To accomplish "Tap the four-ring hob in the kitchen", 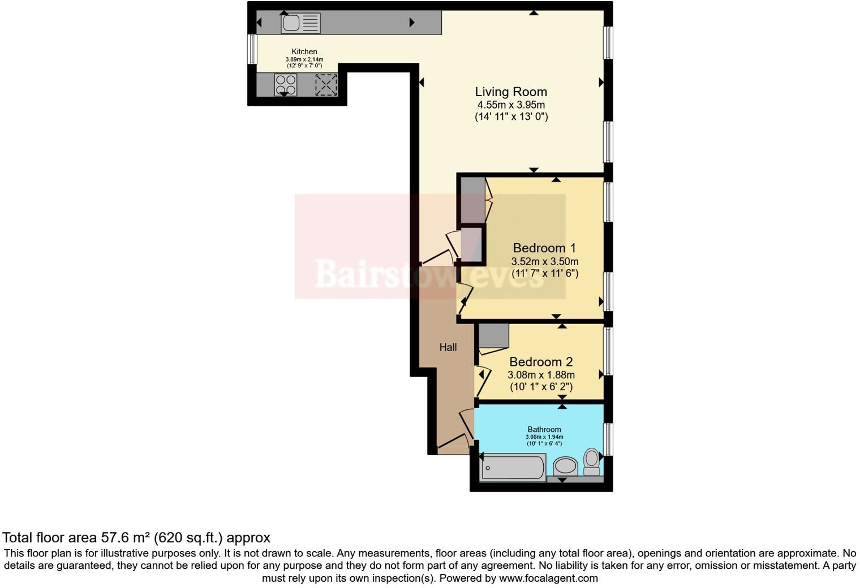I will tap(285, 85).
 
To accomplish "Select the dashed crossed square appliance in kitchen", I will tap(326, 85).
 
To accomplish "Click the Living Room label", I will tap(511, 92).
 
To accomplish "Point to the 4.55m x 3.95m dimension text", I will tap(511, 105).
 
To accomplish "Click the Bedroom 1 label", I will tap(544, 248).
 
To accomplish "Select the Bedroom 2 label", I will tap(541, 362).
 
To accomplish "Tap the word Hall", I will tap(448, 347).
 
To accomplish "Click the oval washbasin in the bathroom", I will tap(565, 466).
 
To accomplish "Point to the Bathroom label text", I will tap(544, 430).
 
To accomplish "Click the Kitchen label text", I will tap(304, 51).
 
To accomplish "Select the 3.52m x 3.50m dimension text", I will tap(544, 262).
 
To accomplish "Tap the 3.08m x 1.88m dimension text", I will tap(541, 375).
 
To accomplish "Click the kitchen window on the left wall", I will tap(252, 49).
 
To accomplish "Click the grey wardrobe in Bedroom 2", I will tap(493, 335).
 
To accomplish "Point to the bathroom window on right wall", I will tap(608, 439).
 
